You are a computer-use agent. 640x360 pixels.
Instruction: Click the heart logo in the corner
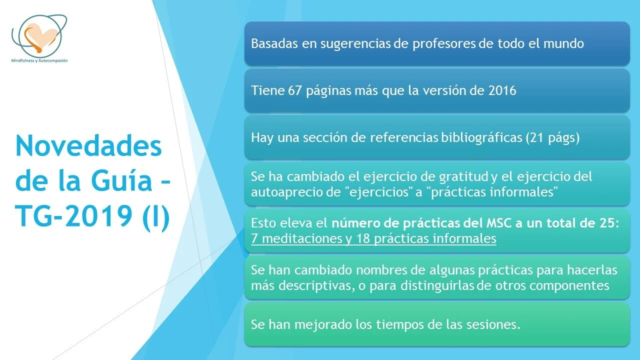[39, 35]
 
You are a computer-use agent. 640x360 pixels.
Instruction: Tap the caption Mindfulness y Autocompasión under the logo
[39, 60]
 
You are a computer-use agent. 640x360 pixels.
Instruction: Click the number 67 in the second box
[294, 90]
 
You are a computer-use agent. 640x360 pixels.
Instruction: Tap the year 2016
[500, 90]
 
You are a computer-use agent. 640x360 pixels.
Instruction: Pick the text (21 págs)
[552, 137]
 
